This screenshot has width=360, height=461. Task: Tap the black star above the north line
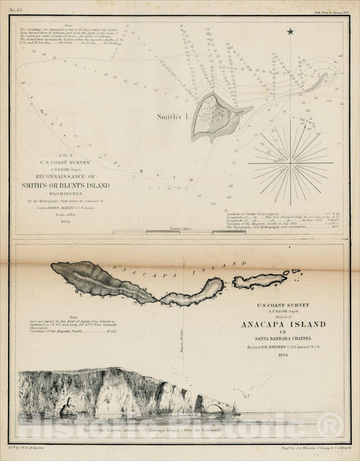(x=290, y=32)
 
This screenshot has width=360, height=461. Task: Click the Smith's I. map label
(x=174, y=115)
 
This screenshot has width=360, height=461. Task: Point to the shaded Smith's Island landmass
(x=212, y=115)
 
